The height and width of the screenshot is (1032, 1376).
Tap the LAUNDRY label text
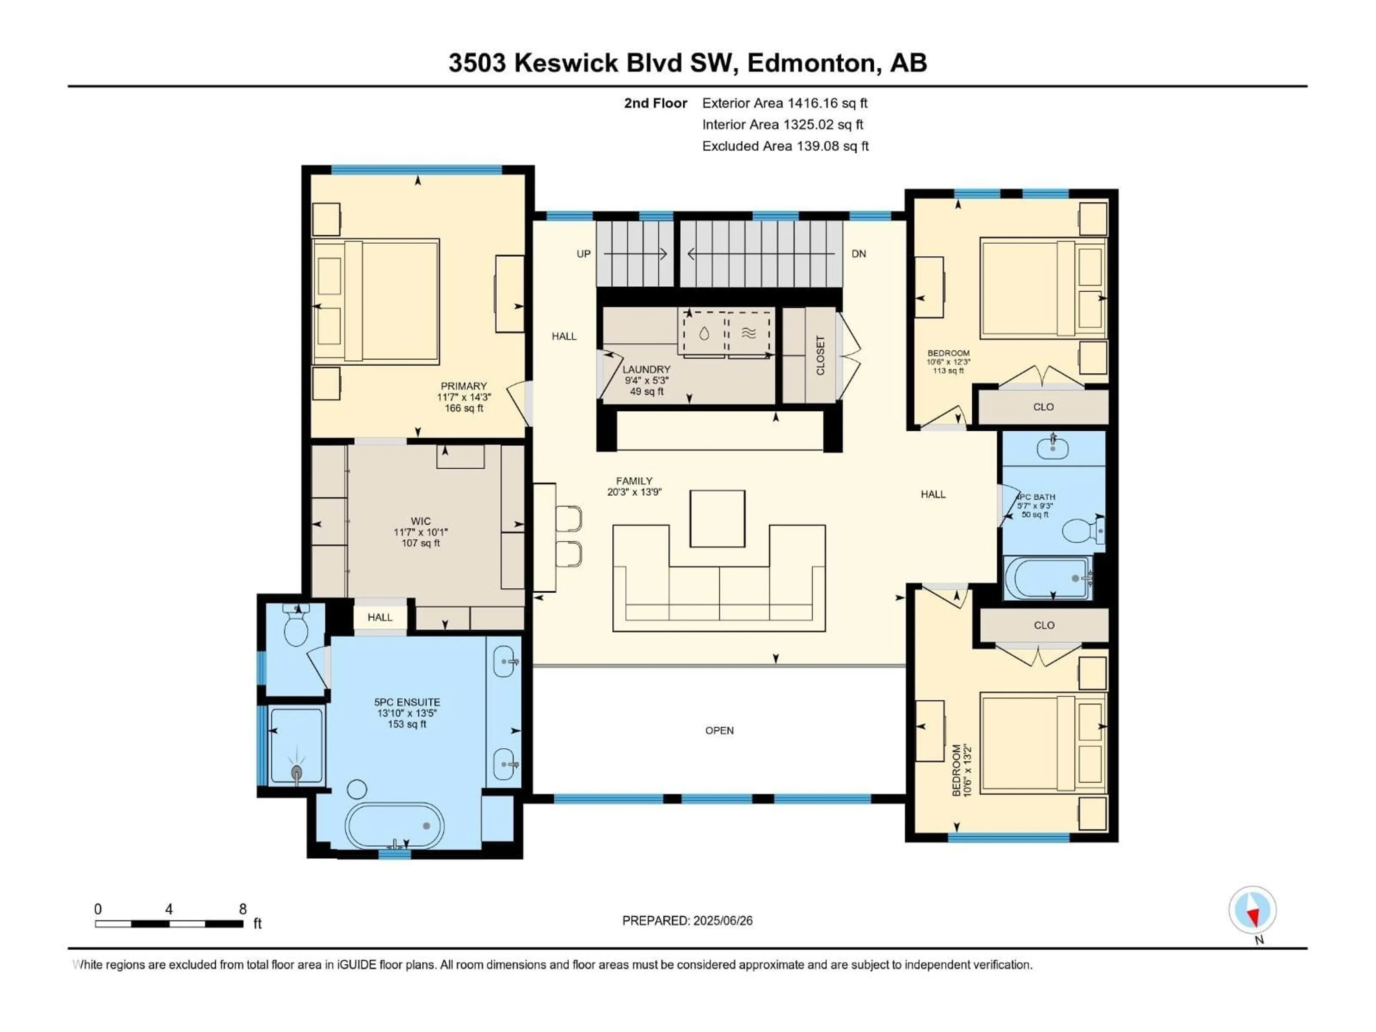[x=646, y=369]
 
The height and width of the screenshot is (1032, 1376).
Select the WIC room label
[x=421, y=521]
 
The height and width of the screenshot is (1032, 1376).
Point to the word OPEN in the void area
[x=719, y=730]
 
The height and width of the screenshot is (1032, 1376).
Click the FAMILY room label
[x=634, y=481]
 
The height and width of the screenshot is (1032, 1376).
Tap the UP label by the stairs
[x=583, y=254]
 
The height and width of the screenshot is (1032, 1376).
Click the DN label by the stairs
[x=859, y=254]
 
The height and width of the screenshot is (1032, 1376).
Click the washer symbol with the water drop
[x=703, y=333]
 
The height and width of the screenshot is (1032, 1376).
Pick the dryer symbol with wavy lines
[x=749, y=333]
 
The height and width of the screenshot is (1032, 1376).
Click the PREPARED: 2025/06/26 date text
[x=687, y=921]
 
